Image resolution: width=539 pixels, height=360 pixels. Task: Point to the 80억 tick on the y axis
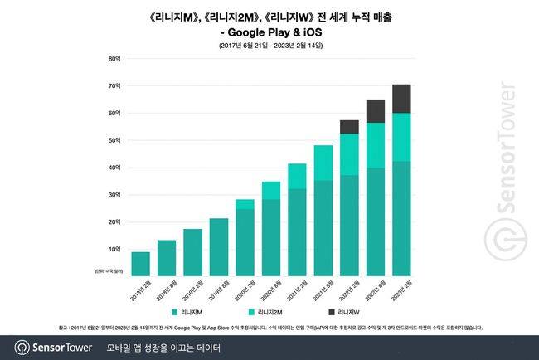tap(114, 59)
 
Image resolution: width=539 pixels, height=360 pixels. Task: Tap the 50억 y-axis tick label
tap(114, 140)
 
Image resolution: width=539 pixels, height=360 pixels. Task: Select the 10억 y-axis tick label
tap(114, 249)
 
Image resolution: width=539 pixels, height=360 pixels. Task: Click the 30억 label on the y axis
tap(114, 195)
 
